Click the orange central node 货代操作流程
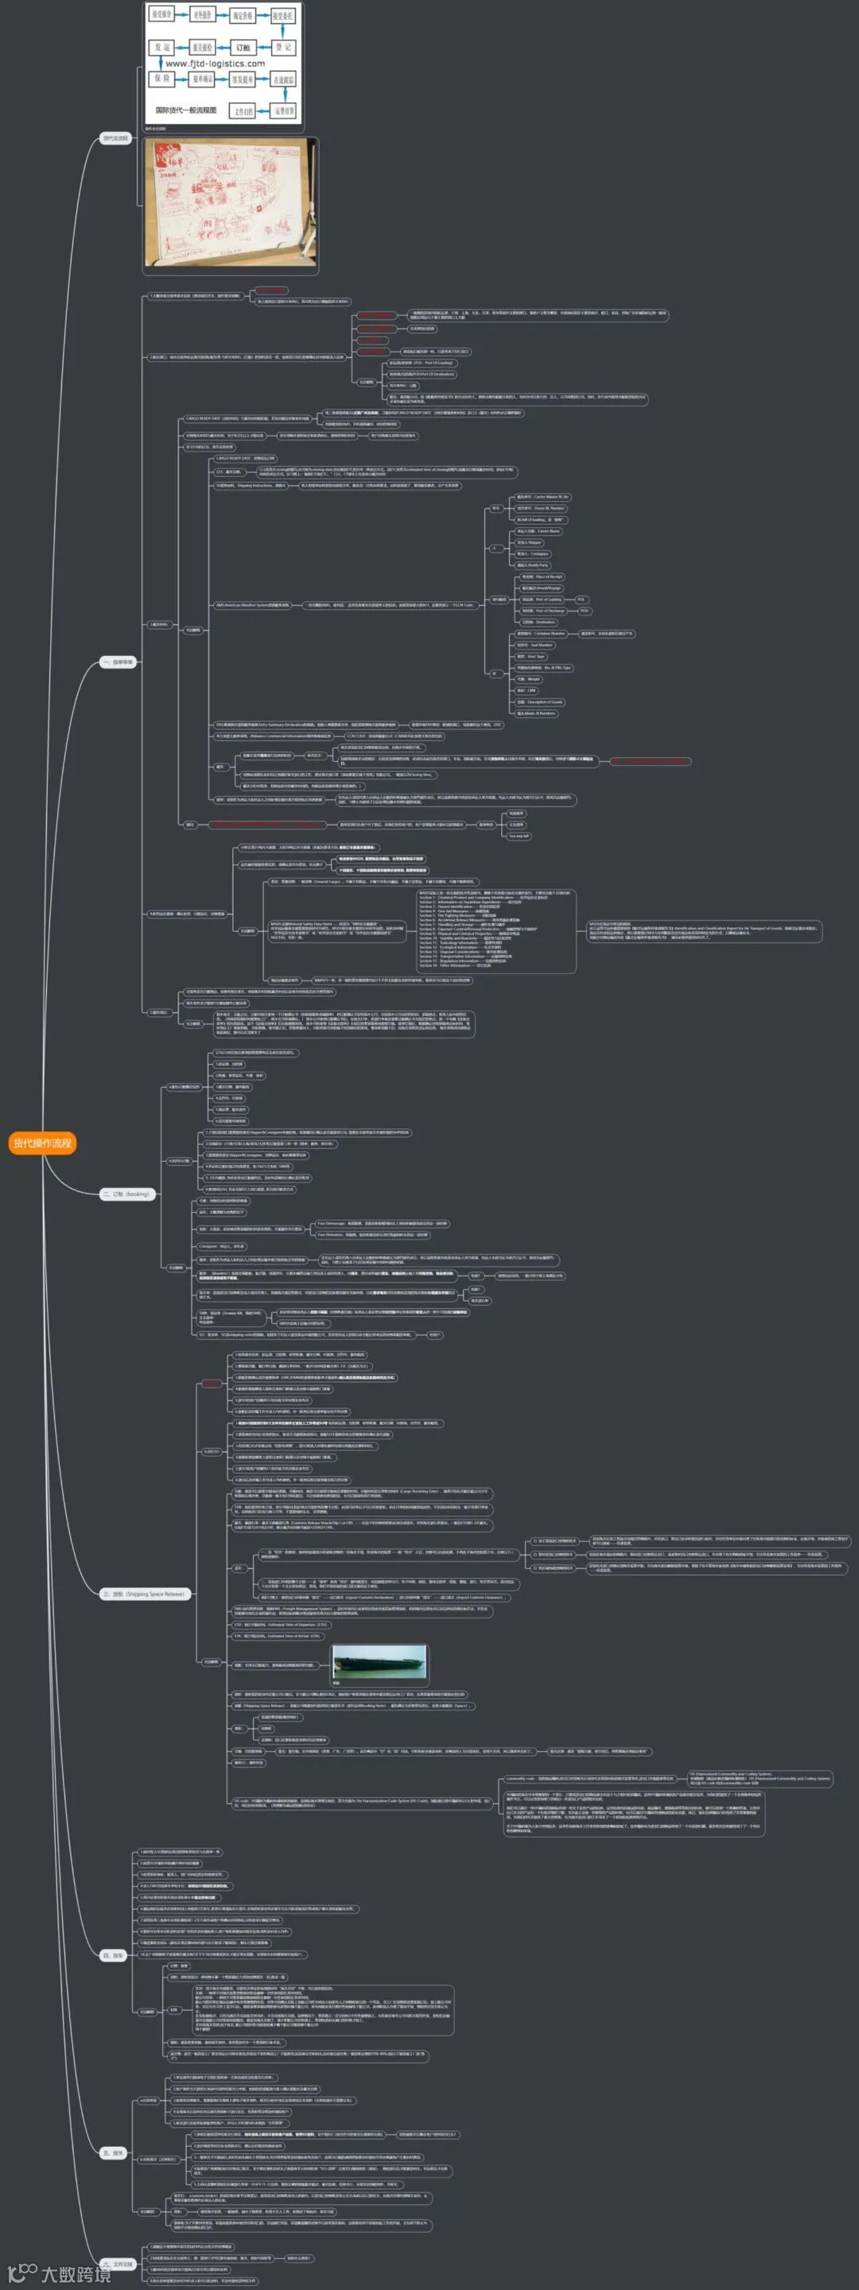click(x=42, y=1143)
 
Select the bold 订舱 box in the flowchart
click(x=242, y=47)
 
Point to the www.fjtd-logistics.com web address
click(x=216, y=64)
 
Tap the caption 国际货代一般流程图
click(x=186, y=110)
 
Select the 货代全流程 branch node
click(x=115, y=138)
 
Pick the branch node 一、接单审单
click(x=118, y=662)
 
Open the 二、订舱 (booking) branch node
click(x=126, y=1194)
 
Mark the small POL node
click(x=581, y=600)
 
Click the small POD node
click(x=585, y=611)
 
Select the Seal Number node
click(x=534, y=646)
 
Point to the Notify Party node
click(x=533, y=565)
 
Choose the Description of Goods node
click(x=540, y=701)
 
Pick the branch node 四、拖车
click(x=113, y=1956)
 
